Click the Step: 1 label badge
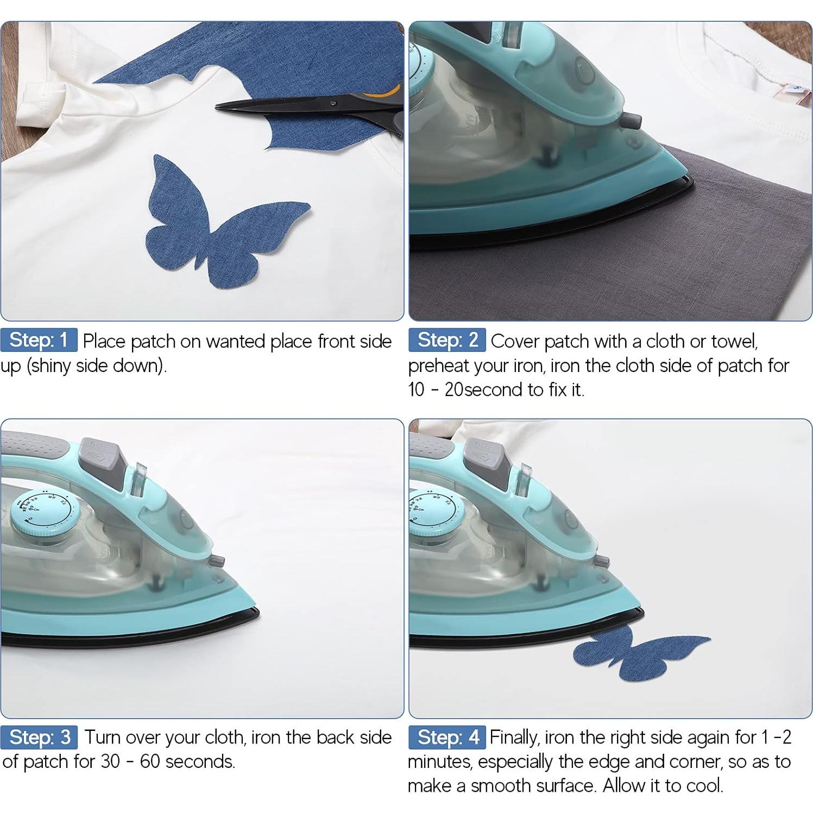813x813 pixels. [39, 340]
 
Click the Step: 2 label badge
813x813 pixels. [447, 340]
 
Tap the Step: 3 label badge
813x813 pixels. [39, 737]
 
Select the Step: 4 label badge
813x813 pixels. [447, 737]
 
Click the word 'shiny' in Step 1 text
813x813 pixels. [50, 366]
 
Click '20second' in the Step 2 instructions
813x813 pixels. [485, 390]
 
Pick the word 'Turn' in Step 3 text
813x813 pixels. [102, 738]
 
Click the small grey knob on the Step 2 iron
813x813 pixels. [630, 121]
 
